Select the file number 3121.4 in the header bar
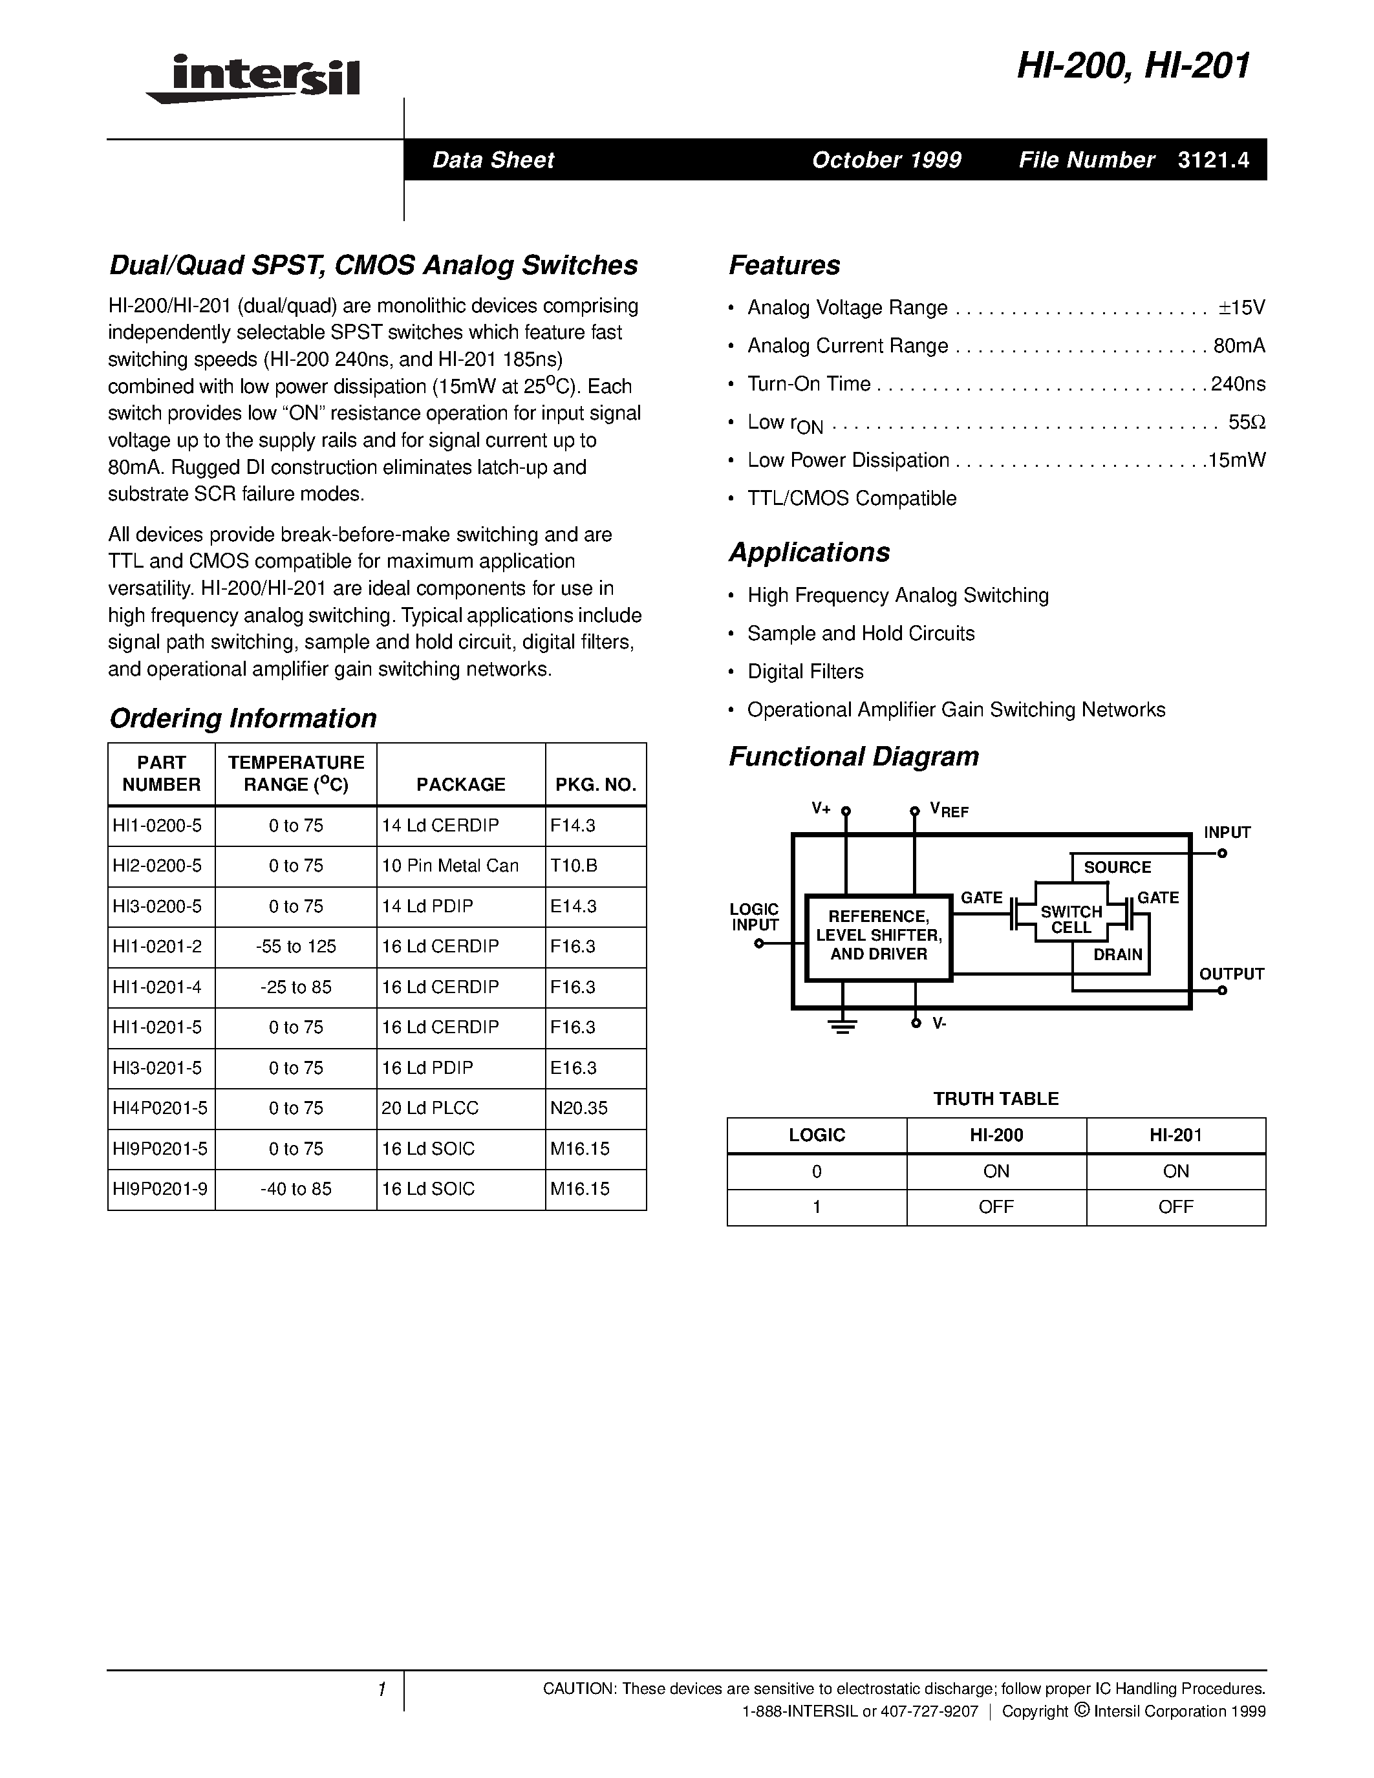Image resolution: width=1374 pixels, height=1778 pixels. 1213,160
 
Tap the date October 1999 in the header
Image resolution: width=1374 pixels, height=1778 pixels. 886,160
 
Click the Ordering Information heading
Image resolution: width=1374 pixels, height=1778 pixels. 242,718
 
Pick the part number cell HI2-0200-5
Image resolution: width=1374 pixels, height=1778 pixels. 158,865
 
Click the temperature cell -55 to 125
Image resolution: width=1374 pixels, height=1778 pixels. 295,946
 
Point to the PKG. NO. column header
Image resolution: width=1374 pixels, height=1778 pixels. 595,784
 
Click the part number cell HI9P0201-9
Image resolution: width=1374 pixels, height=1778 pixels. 160,1188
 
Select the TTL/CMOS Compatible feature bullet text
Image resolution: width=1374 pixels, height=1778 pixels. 852,498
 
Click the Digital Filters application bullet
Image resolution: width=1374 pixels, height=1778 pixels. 805,672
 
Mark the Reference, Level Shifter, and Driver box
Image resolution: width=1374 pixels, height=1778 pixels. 878,936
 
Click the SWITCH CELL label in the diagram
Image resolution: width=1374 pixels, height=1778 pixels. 1071,920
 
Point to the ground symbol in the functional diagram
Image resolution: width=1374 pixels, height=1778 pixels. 843,1026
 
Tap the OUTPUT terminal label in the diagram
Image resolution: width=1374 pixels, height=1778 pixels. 1230,974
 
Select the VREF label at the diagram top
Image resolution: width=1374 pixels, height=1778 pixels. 949,811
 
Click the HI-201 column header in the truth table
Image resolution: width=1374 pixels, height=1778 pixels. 1175,1135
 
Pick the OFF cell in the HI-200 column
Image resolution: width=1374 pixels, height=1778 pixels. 996,1207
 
